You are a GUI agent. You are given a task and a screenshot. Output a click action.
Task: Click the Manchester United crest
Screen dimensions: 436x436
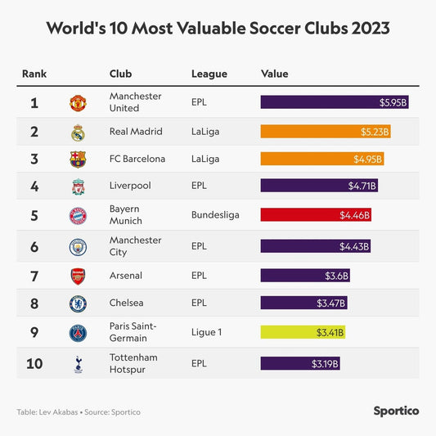pos(78,103)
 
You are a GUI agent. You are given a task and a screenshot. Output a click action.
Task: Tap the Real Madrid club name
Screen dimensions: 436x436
pos(135,131)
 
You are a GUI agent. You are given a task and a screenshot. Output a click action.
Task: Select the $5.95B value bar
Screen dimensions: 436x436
pos(335,102)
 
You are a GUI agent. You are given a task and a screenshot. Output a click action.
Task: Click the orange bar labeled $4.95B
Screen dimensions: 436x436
pos(322,159)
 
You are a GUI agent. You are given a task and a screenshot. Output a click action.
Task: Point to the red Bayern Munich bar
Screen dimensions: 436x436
pos(316,215)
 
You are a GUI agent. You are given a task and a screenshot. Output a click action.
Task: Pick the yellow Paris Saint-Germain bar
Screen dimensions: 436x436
pos(303,332)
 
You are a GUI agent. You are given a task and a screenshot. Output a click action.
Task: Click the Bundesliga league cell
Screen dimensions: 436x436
pos(215,215)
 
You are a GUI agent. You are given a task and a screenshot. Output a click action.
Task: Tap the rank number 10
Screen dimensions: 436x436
pos(34,363)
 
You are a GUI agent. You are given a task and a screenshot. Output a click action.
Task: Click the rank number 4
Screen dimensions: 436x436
pos(34,187)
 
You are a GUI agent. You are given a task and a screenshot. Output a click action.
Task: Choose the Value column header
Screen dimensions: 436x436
pos(274,74)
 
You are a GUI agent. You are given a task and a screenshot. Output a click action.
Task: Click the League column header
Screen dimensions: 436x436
pos(209,74)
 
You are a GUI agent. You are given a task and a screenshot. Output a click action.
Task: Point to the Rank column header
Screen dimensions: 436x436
pos(34,74)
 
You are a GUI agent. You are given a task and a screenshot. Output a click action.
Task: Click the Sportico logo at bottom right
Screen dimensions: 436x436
pos(396,411)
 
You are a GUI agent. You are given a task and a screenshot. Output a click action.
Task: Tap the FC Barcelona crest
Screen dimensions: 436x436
pos(78,160)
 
